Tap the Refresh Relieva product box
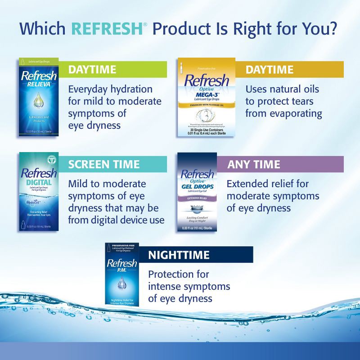pos(39,96)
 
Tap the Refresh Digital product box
pos(39,192)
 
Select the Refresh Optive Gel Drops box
pos(197,192)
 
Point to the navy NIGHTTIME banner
pos(200,255)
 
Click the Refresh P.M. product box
pos(122,274)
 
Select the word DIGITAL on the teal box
pos(38,183)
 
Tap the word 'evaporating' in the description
pos(294,114)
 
